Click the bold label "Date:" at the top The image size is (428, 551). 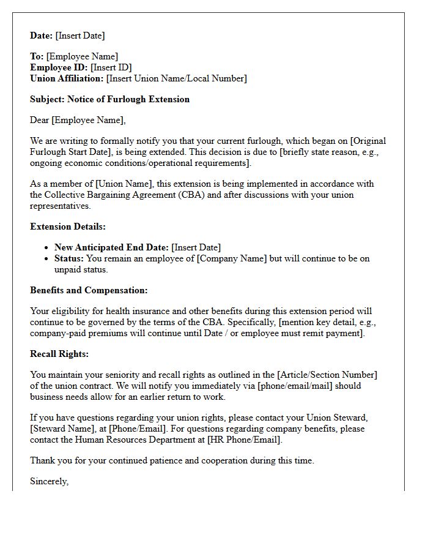coord(42,36)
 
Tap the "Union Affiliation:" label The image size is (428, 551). coord(67,78)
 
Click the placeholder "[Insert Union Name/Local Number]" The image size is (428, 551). coord(176,78)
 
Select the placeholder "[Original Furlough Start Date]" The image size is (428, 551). coord(208,146)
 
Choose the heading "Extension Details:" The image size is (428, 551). coord(68,227)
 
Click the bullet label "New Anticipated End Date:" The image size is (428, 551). coord(111,247)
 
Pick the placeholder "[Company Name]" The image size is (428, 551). coord(235,258)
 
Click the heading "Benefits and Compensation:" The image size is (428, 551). coord(89,290)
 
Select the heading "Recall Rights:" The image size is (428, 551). coord(59,354)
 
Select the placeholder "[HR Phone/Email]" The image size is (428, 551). coord(245,440)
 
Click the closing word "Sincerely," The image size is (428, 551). coord(49,481)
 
